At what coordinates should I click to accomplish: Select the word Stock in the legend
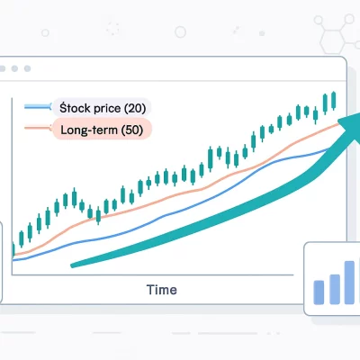[72, 107]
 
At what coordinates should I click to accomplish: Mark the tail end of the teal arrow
[74, 265]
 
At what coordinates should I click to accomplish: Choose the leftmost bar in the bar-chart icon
[318, 291]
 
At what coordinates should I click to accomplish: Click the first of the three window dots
[15, 68]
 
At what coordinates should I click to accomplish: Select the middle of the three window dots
[27, 68]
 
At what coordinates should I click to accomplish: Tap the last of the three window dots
[39, 68]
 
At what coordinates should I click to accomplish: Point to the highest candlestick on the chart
[333, 99]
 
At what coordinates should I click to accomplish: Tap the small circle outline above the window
[180, 31]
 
